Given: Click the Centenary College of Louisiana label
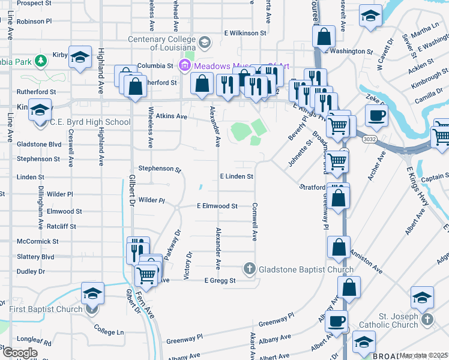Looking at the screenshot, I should click(161, 43).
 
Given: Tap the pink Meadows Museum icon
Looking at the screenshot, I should click(186, 65).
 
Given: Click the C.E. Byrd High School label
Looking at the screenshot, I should click(89, 122).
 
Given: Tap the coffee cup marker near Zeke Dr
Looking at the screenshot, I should click(376, 116).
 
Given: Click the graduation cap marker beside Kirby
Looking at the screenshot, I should click(80, 58).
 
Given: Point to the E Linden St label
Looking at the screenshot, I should click(237, 177).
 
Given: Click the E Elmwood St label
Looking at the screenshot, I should click(217, 206).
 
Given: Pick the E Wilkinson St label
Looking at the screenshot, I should click(245, 33).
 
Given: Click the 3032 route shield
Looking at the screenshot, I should click(369, 139).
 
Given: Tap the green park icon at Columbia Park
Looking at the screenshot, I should click(41, 61).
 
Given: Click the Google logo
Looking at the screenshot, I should click(20, 353).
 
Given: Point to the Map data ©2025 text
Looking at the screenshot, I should click(424, 355).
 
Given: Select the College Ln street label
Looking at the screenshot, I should click(109, 330).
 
